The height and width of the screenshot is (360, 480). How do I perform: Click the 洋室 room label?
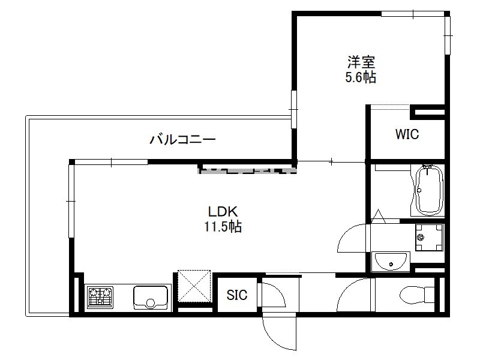(361, 62)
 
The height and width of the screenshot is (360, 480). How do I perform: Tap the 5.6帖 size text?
(361, 77)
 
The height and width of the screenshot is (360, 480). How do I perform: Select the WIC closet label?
(407, 134)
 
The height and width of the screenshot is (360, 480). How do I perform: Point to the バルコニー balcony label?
(182, 140)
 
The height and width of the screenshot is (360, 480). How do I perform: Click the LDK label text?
(223, 212)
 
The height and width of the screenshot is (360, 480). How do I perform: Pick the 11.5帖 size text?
(223, 227)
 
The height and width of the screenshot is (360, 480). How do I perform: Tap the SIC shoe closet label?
(237, 295)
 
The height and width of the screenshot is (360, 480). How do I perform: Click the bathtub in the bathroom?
(428, 190)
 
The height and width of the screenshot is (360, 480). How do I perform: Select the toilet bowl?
(417, 295)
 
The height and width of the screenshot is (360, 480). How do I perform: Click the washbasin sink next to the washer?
(391, 262)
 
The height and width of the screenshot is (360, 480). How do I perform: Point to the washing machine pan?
(429, 237)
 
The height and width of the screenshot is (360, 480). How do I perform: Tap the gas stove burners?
(100, 297)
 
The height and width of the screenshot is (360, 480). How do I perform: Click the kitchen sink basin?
(151, 297)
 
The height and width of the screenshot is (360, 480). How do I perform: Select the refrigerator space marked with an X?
(194, 286)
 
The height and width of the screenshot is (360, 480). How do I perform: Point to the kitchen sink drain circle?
(151, 303)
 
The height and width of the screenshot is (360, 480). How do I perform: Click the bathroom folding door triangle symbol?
(379, 216)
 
